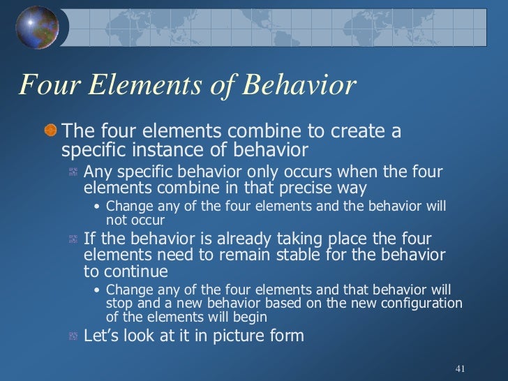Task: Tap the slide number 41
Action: (459, 368)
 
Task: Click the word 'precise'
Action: (306, 189)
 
